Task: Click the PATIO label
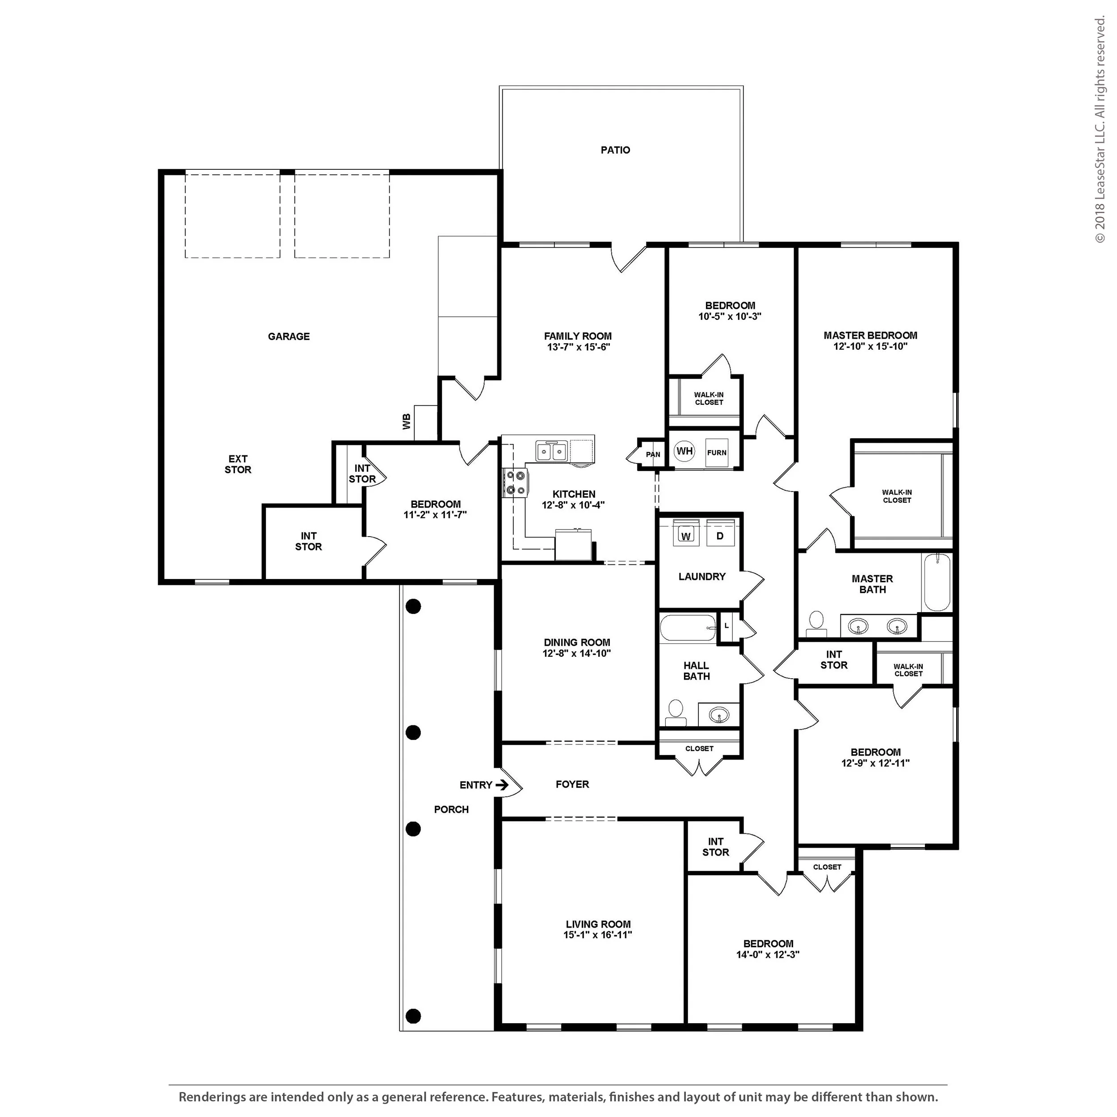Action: tap(615, 150)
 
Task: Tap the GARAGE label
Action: tap(289, 336)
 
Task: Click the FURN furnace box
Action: tap(717, 453)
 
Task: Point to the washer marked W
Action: tap(686, 535)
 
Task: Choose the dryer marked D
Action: tap(720, 535)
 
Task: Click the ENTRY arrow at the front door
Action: tap(502, 785)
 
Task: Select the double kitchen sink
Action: tap(551, 451)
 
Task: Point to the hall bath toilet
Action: tap(675, 713)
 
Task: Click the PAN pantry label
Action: tap(653, 454)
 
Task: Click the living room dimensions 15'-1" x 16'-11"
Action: tap(598, 935)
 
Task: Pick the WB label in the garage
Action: tap(407, 421)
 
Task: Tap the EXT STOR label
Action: tap(238, 464)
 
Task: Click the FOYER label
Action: tap(572, 785)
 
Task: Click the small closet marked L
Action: tap(727, 626)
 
